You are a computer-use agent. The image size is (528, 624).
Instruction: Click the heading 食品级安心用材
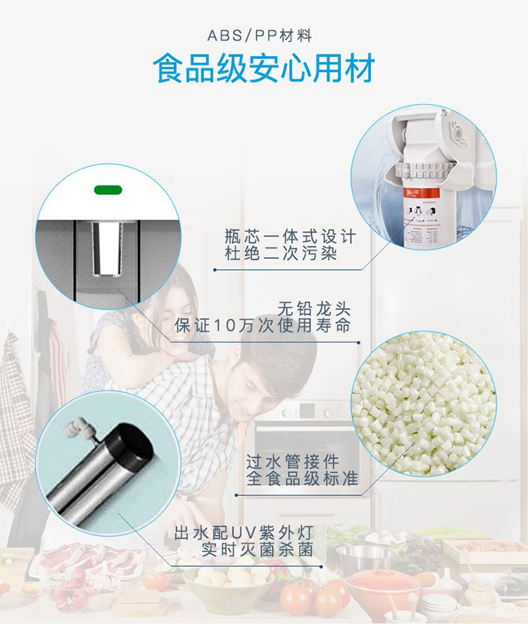(264, 68)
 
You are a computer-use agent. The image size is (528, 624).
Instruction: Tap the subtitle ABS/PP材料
(260, 36)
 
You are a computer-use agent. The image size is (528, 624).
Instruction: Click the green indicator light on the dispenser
(108, 190)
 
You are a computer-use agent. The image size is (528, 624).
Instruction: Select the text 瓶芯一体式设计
(290, 237)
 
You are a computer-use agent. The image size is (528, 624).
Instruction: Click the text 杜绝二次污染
(281, 254)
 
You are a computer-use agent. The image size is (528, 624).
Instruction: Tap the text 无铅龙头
(314, 308)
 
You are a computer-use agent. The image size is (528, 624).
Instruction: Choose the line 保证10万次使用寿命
(263, 325)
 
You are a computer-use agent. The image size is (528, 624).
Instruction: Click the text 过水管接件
(292, 462)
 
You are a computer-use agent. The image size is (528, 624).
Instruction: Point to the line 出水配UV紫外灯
(244, 533)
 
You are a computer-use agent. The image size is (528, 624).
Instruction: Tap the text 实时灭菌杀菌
(258, 549)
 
